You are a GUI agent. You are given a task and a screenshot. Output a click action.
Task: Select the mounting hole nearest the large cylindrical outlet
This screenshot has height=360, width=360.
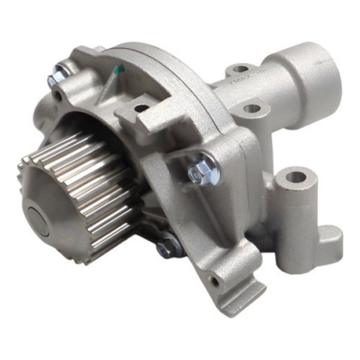[241, 70]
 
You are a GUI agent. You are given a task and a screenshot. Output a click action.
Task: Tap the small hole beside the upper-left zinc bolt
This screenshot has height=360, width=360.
[58, 95]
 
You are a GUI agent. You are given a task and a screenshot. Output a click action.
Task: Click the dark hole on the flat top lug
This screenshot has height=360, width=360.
[142, 109]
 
